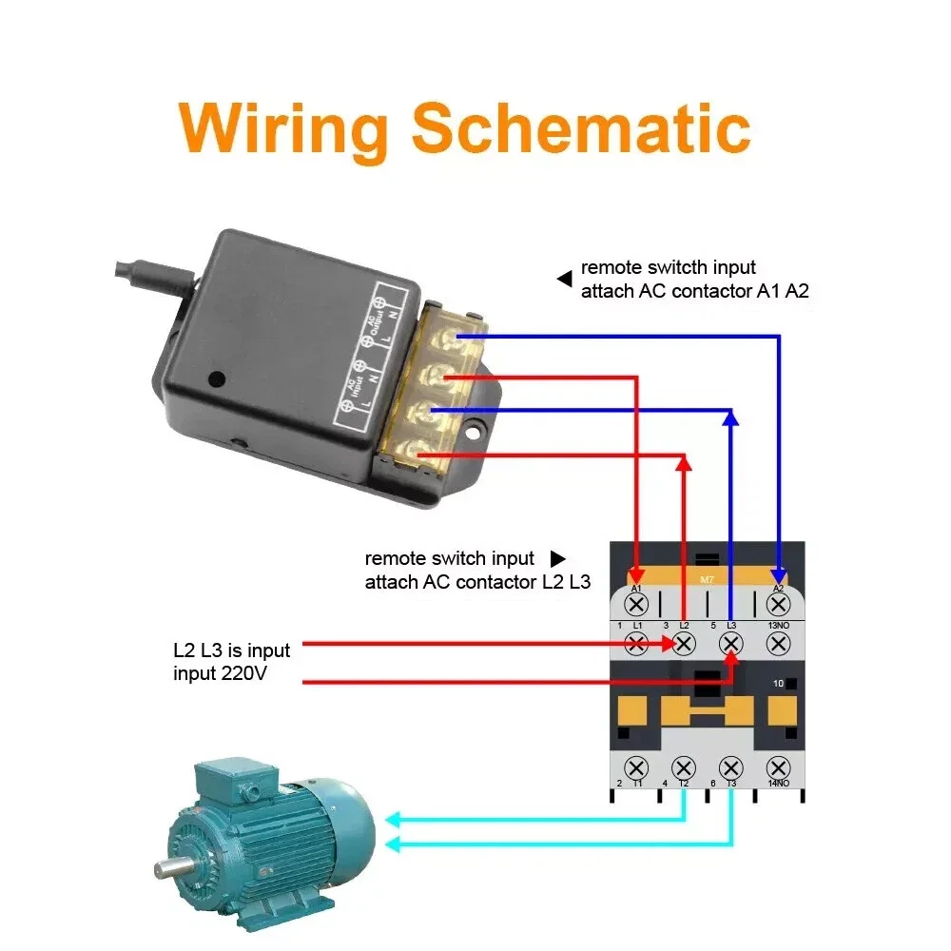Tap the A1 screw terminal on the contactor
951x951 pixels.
[x=637, y=604]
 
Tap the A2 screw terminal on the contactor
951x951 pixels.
[x=778, y=604]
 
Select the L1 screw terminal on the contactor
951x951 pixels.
[x=637, y=644]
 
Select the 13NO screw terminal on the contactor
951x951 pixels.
[x=778, y=644]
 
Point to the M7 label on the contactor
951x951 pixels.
[x=707, y=580]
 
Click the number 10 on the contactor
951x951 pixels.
[x=777, y=684]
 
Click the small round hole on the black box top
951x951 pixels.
[x=217, y=378]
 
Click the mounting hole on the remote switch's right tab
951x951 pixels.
[x=473, y=433]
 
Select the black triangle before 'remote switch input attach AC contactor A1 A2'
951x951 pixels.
[x=564, y=280]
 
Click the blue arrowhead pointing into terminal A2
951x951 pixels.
[x=779, y=576]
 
